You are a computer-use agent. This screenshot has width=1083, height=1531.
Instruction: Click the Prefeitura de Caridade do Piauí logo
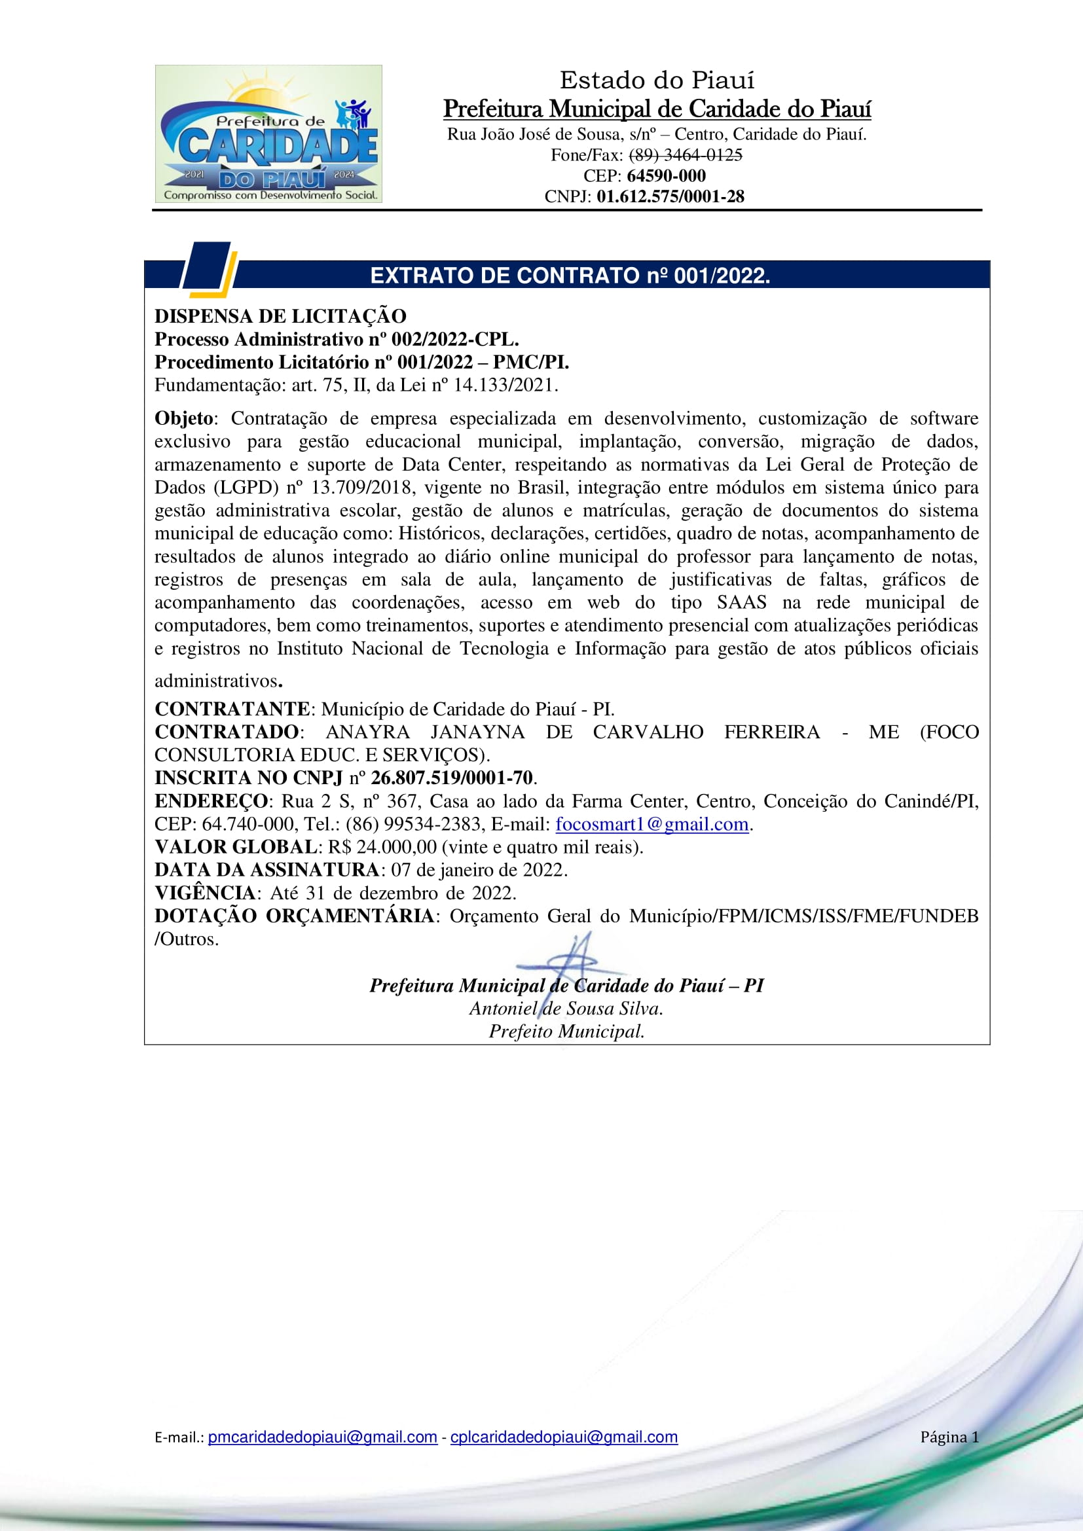click(x=268, y=134)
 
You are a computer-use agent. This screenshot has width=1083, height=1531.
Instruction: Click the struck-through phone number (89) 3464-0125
click(x=686, y=155)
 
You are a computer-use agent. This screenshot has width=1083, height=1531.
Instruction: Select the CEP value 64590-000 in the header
click(x=665, y=176)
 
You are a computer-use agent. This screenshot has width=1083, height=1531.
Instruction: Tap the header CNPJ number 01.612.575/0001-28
click(x=670, y=197)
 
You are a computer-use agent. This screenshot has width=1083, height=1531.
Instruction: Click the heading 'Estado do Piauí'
click(x=657, y=81)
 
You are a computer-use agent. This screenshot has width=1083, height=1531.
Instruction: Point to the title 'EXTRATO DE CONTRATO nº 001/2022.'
click(x=570, y=276)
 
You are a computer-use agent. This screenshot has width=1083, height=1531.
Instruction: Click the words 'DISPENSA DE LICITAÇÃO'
click(x=280, y=316)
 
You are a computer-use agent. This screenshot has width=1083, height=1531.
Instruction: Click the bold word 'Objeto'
click(x=184, y=419)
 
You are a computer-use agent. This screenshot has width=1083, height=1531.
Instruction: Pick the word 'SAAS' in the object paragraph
click(x=741, y=603)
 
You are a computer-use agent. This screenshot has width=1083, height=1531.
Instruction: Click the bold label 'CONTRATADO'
click(x=227, y=732)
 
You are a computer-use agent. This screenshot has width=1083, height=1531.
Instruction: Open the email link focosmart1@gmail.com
click(x=652, y=825)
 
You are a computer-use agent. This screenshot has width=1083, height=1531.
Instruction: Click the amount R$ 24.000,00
click(x=382, y=848)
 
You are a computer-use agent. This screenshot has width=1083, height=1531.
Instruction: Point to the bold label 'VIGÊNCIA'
click(x=206, y=893)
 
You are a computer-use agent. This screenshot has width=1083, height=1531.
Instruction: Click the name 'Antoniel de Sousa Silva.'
click(x=566, y=1009)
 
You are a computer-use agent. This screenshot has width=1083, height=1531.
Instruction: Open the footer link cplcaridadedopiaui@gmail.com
click(x=564, y=1437)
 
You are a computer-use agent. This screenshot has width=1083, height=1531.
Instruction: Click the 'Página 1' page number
click(x=949, y=1437)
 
